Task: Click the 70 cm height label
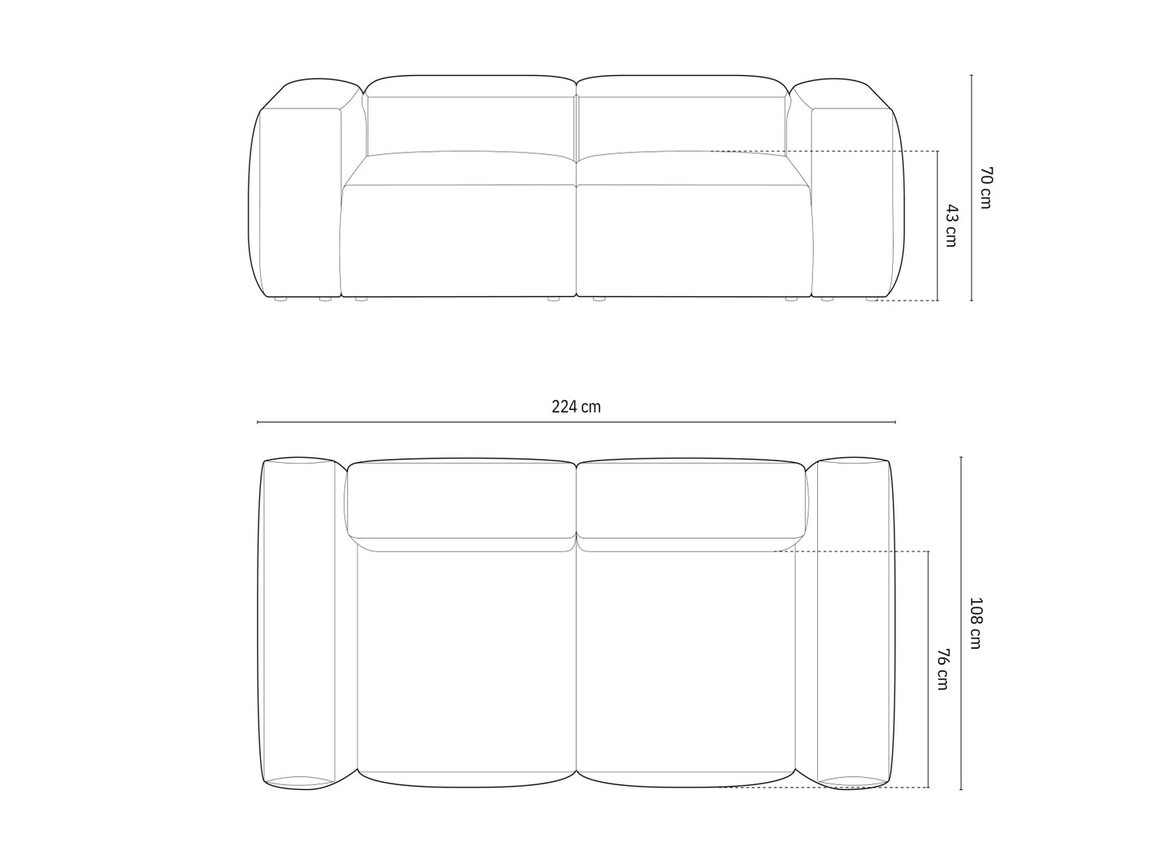(x=985, y=188)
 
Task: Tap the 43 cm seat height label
(x=950, y=226)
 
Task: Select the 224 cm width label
(x=576, y=407)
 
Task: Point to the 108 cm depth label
(x=975, y=622)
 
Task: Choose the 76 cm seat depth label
(x=942, y=669)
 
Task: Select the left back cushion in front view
(x=471, y=124)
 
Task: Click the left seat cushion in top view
(x=467, y=662)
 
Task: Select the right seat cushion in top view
(x=686, y=662)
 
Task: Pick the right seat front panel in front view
(x=693, y=239)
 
